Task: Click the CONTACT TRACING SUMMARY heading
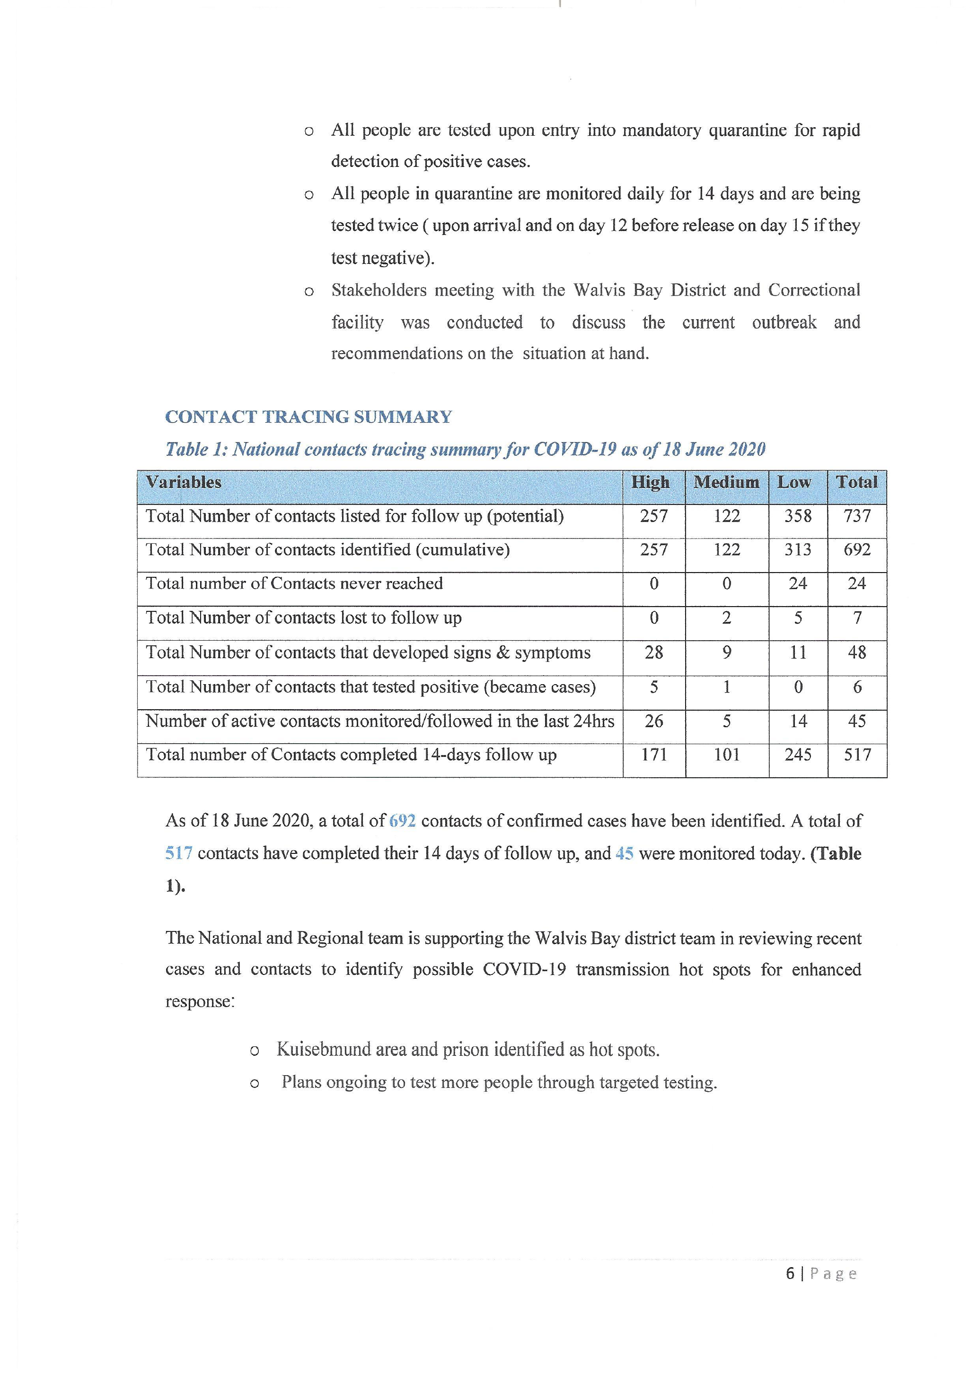308,417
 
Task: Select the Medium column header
726,482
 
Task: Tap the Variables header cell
184,482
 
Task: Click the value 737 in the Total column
857,516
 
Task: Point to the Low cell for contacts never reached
798,583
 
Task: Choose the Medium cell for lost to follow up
727,617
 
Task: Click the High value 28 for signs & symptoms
654,652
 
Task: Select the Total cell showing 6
857,687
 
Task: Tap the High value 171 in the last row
654,755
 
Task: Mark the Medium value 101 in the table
727,755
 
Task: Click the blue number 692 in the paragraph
402,821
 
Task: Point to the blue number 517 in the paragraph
179,853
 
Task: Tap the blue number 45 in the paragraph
625,853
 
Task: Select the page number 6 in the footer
790,1274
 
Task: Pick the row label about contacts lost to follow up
303,617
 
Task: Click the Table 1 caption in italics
465,450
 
